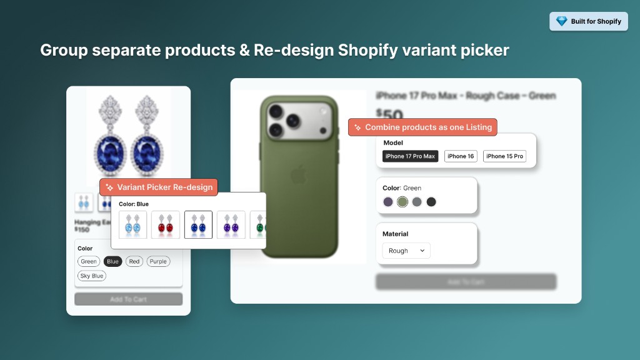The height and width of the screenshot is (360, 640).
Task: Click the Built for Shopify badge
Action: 588,21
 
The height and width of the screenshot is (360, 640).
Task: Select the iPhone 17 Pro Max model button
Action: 410,156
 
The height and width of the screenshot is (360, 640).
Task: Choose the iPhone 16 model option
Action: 461,156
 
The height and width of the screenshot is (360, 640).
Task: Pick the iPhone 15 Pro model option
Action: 504,156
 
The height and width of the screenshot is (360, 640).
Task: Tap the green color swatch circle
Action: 402,202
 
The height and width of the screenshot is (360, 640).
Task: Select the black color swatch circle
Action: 431,202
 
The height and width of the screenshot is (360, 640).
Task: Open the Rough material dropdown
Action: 406,251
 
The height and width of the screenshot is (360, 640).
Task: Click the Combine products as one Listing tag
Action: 422,127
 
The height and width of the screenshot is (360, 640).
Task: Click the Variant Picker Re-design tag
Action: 159,187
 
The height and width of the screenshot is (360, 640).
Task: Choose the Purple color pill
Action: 158,261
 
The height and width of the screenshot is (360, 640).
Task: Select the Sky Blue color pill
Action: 92,276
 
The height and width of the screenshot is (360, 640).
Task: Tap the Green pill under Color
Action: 89,261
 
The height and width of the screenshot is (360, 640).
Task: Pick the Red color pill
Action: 134,261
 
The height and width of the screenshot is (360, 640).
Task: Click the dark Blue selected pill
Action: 113,261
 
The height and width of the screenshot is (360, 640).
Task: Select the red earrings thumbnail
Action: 166,225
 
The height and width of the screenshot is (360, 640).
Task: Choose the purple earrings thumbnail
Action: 231,225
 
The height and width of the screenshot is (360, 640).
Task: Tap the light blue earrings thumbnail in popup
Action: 133,225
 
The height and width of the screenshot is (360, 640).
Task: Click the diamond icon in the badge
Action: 562,21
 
